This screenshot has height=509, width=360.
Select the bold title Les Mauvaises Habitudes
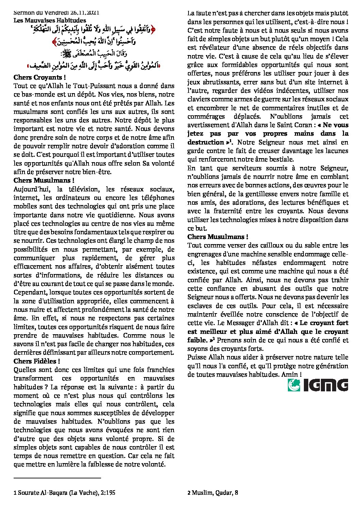(x=50, y=20)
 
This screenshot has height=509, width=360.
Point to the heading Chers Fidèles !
(x=37, y=361)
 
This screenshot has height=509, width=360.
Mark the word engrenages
(x=204, y=254)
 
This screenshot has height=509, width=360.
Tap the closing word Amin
(x=289, y=374)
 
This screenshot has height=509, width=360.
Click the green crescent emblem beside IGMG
(x=294, y=385)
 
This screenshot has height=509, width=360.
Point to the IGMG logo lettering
(x=326, y=385)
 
